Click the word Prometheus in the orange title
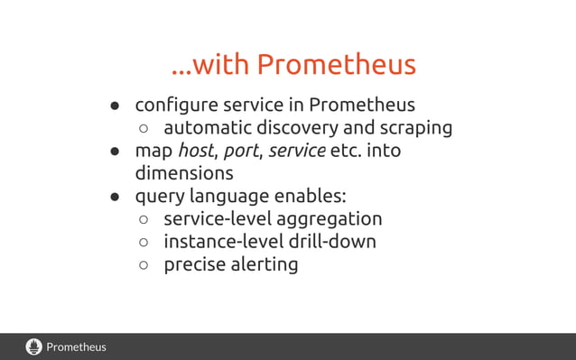336,65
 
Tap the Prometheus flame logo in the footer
34,346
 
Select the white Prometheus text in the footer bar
77,346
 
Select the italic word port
240,151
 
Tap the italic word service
297,150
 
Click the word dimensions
184,173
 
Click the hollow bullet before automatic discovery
143,129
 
